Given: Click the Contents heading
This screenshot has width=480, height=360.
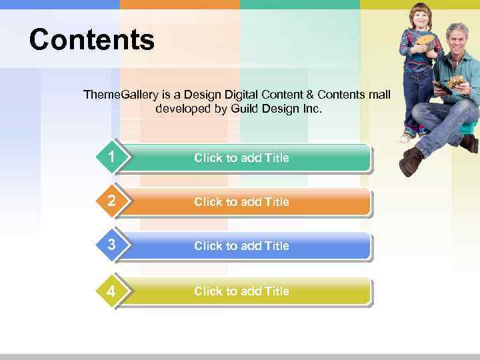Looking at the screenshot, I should click(x=91, y=40).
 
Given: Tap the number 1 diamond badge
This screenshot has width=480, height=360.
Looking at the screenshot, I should click(x=111, y=157).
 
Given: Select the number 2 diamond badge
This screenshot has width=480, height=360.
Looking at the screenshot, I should click(x=111, y=201).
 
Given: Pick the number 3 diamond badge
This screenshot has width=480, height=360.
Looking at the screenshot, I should click(x=111, y=245).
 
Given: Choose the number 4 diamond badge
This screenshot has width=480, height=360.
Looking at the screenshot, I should click(x=111, y=291).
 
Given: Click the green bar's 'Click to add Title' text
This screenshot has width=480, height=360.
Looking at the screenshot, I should click(x=241, y=158).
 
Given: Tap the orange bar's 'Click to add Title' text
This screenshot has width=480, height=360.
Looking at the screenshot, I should click(x=241, y=202).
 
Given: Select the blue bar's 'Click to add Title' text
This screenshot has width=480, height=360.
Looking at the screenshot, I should click(x=241, y=246).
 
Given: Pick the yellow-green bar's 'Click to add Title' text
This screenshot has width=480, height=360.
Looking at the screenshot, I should click(x=241, y=291).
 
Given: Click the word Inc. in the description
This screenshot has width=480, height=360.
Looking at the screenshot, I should click(x=312, y=108).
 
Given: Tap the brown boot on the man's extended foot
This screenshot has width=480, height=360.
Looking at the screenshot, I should click(x=411, y=162).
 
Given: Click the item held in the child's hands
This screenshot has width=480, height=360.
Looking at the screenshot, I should click(x=425, y=40).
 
